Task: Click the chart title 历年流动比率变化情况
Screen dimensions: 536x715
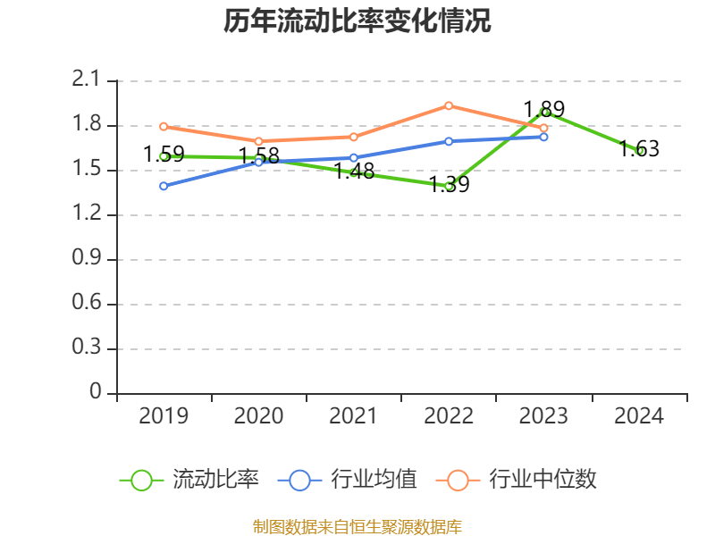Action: pyautogui.click(x=357, y=21)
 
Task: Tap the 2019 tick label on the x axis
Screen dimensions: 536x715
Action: pyautogui.click(x=164, y=415)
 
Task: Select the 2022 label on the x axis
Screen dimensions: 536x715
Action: pyautogui.click(x=449, y=415)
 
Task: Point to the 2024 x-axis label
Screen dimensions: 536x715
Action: pyautogui.click(x=639, y=415)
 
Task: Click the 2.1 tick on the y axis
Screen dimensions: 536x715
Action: pyautogui.click(x=87, y=80)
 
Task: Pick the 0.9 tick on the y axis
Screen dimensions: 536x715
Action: pyautogui.click(x=87, y=259)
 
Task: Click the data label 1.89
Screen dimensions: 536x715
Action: pyautogui.click(x=543, y=109)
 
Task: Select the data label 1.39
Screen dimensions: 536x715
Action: pyautogui.click(x=449, y=185)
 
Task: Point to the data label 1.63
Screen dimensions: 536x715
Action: pyautogui.click(x=639, y=149)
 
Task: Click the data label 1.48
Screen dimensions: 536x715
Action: pyautogui.click(x=354, y=172)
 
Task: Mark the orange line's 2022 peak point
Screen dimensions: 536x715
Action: pyautogui.click(x=449, y=105)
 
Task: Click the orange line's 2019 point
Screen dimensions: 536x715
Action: pyautogui.click(x=164, y=126)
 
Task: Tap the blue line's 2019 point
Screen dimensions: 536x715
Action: pyautogui.click(x=164, y=186)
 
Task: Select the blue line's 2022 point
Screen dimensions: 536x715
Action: pyautogui.click(x=449, y=141)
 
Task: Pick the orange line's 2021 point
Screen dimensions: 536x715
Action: pyautogui.click(x=354, y=137)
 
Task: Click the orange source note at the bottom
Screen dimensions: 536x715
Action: pyautogui.click(x=357, y=526)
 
